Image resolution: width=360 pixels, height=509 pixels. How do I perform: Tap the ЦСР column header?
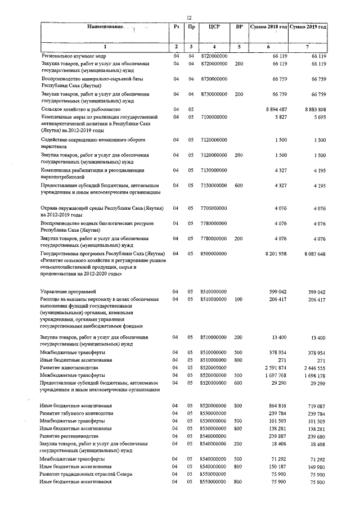[x=213, y=27]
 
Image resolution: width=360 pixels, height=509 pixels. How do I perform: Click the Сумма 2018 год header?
[x=268, y=27]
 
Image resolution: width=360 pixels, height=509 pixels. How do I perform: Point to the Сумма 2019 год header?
[x=308, y=27]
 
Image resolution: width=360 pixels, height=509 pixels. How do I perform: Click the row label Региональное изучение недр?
[x=73, y=57]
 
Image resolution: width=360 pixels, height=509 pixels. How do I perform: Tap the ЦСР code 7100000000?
[x=213, y=116]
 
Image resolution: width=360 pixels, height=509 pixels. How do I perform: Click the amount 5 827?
[x=281, y=116]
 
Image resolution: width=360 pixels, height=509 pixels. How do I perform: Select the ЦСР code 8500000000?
[x=213, y=254]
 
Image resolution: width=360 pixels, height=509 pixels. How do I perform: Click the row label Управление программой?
[x=68, y=292]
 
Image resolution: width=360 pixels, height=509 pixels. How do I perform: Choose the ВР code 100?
[x=239, y=300]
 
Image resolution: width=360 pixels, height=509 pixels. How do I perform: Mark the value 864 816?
[x=278, y=405]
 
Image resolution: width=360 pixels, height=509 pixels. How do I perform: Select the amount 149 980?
[x=317, y=466]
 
